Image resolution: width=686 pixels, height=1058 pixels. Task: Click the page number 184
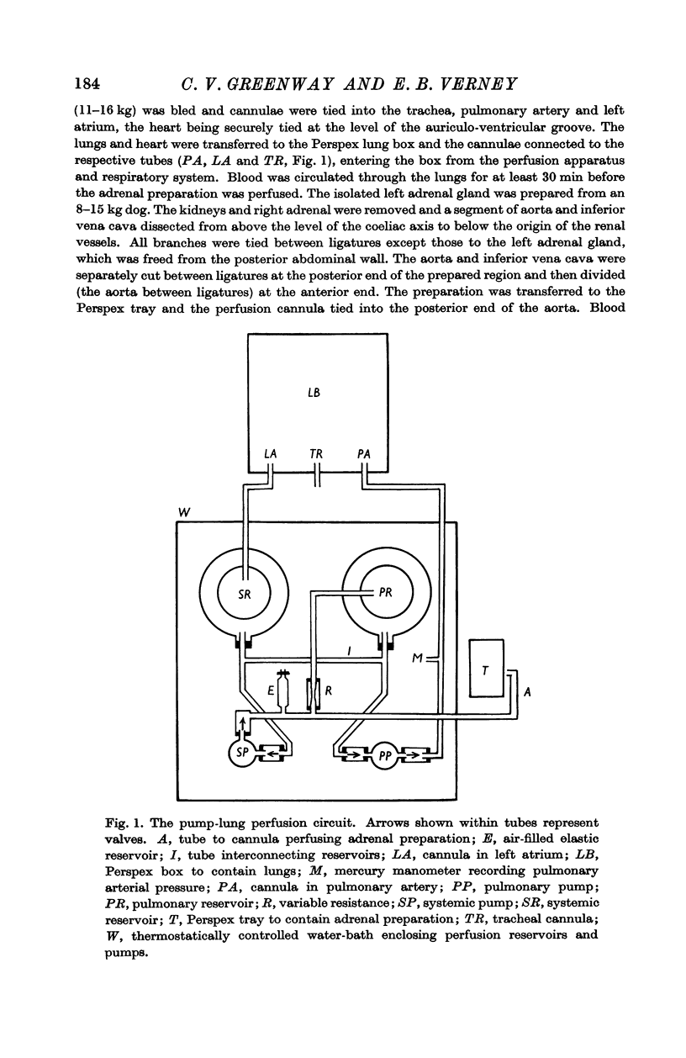pyautogui.click(x=87, y=83)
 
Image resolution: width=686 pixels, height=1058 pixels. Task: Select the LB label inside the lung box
pyautogui.click(x=314, y=393)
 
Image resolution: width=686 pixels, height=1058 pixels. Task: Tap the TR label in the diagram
pyautogui.click(x=316, y=454)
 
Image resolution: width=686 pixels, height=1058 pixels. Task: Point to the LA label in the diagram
pyautogui.click(x=270, y=454)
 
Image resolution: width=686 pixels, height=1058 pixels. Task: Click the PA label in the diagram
pyautogui.click(x=364, y=454)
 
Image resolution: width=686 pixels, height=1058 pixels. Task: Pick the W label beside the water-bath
pyautogui.click(x=184, y=512)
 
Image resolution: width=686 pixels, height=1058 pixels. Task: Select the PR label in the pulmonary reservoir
pyautogui.click(x=386, y=592)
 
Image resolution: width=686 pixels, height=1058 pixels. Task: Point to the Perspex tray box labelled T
pyautogui.click(x=486, y=668)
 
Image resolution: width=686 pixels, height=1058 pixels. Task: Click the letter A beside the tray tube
pyautogui.click(x=527, y=692)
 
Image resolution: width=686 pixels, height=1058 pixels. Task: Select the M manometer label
pyautogui.click(x=417, y=658)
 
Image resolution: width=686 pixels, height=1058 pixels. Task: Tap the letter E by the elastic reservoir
pyautogui.click(x=271, y=691)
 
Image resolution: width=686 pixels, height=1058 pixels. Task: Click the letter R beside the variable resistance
pyautogui.click(x=329, y=691)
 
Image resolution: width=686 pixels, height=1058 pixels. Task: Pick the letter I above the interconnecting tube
pyautogui.click(x=348, y=651)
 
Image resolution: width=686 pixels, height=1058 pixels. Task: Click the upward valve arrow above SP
pyautogui.click(x=243, y=723)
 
